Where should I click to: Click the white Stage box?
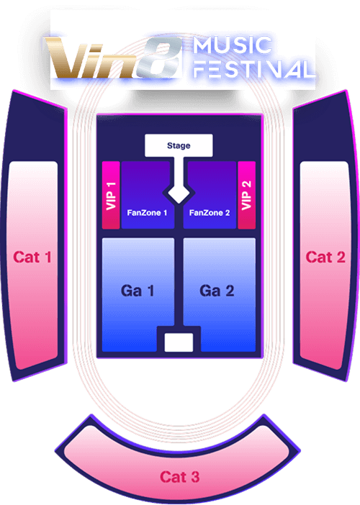click(179, 145)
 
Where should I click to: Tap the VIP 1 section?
click(111, 195)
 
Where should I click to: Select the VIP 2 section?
click(246, 195)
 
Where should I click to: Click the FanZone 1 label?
click(147, 213)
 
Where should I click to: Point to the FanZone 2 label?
click(210, 213)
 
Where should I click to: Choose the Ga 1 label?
click(138, 291)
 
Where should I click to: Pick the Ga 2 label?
click(217, 291)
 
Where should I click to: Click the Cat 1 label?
click(32, 258)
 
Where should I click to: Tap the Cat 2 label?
click(325, 258)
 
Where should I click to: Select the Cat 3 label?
click(179, 477)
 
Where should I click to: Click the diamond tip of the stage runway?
click(179, 203)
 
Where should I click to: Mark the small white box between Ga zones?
click(179, 342)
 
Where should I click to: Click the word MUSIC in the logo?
click(233, 45)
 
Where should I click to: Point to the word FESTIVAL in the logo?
click(254, 69)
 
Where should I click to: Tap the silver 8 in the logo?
click(158, 58)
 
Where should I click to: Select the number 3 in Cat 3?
click(194, 477)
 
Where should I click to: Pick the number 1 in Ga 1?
click(150, 291)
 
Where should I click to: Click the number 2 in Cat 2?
click(340, 258)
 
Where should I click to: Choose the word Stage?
click(179, 145)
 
